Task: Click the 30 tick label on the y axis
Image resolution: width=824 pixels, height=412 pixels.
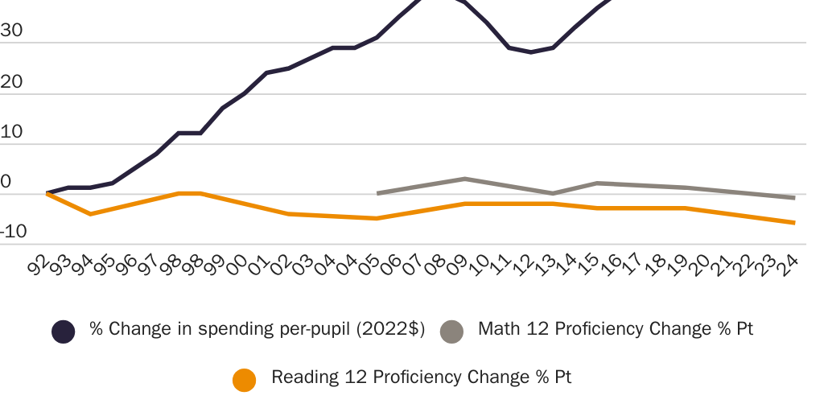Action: click(x=12, y=31)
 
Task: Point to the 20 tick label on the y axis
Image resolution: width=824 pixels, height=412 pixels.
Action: click(x=12, y=82)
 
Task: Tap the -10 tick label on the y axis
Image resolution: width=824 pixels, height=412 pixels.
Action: click(x=14, y=233)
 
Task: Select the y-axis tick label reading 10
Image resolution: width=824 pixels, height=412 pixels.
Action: click(x=12, y=132)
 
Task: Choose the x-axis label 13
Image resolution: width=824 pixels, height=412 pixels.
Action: click(x=545, y=265)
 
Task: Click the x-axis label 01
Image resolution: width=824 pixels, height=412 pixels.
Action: click(x=259, y=265)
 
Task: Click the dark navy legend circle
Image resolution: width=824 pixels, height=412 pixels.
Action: click(x=63, y=331)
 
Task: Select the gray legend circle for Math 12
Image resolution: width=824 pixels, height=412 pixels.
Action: click(x=451, y=331)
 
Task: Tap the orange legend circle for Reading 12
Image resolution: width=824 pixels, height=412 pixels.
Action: click(x=244, y=379)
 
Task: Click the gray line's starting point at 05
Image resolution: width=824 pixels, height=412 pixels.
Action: click(x=377, y=193)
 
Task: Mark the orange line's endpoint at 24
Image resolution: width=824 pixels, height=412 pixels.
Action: click(x=794, y=223)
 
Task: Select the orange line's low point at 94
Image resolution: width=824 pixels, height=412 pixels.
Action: click(x=90, y=214)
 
